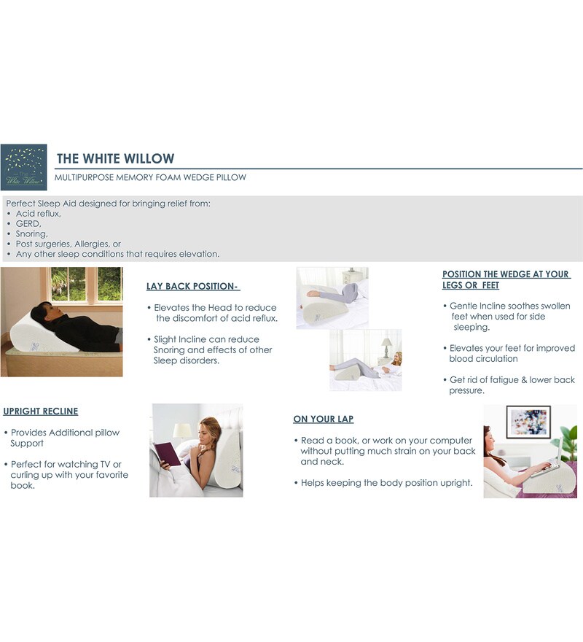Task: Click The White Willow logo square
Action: click(24, 167)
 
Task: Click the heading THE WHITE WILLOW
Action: click(115, 158)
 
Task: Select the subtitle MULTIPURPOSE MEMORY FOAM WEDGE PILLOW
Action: click(150, 177)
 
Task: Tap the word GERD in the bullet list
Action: click(28, 223)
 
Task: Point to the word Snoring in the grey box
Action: click(31, 233)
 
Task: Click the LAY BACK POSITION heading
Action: click(192, 286)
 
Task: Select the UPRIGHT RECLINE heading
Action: click(41, 411)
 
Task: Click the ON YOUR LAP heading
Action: click(324, 419)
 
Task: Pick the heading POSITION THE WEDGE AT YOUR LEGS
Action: click(506, 279)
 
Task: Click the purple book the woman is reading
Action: click(167, 455)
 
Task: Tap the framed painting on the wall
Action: click(528, 422)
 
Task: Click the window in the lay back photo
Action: click(87, 284)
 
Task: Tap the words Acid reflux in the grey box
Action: click(38, 213)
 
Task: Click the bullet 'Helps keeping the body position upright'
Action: click(383, 483)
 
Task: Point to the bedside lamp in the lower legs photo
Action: click(386, 347)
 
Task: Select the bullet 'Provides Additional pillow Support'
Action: click(62, 438)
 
